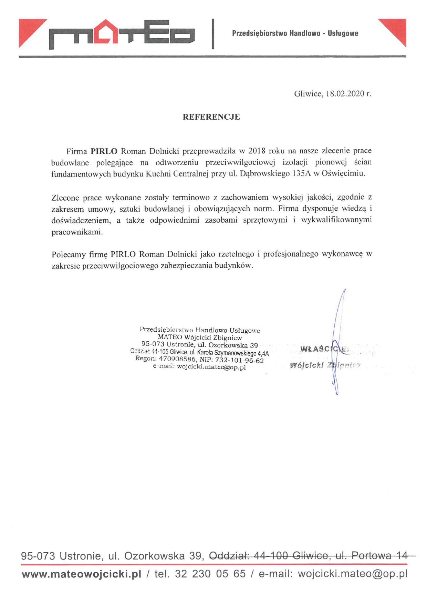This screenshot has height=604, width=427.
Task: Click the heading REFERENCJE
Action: click(x=211, y=117)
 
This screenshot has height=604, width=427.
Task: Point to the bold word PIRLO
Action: click(x=104, y=151)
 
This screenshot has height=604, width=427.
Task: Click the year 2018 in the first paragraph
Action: click(x=257, y=151)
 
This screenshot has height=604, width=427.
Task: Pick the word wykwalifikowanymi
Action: click(x=336, y=220)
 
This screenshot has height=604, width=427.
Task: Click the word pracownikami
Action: click(x=77, y=232)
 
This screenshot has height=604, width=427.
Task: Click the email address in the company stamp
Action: click(x=211, y=367)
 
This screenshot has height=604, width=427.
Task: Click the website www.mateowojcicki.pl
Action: click(x=82, y=574)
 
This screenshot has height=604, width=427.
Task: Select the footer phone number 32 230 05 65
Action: click(x=210, y=574)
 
